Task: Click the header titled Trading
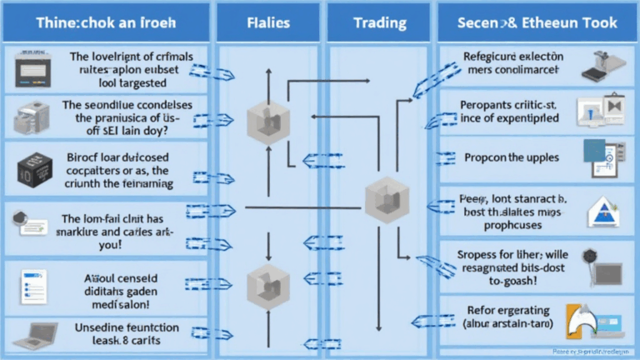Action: tap(379, 22)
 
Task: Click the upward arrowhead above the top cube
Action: tap(269, 74)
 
